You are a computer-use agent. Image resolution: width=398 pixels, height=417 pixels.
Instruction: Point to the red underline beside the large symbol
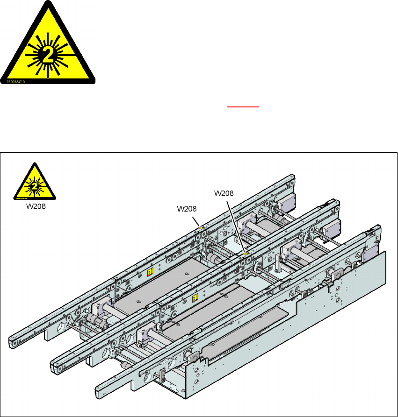tap(243, 106)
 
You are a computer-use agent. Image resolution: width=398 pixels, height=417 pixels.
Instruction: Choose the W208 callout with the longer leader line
tap(224, 192)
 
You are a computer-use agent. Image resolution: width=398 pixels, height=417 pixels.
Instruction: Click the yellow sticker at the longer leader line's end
tap(246, 254)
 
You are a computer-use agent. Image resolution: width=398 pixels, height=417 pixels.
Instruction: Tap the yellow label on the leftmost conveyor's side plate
tap(150, 272)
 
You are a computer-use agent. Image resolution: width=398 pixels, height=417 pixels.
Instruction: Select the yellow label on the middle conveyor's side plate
tap(195, 297)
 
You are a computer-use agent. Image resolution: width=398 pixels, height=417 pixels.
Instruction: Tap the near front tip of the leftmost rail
tap(14, 342)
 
